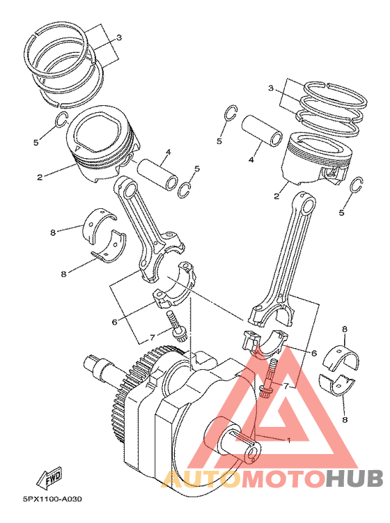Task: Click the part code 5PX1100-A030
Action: pos(52,499)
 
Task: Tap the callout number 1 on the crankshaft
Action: pos(289,441)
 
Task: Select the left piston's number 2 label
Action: pos(40,178)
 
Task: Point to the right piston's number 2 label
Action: pos(276,196)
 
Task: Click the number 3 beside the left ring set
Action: pos(119,38)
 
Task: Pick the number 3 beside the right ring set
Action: pos(271,88)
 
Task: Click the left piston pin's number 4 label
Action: pos(169,152)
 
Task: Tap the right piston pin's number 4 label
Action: pos(251,160)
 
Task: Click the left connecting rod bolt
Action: pos(175,326)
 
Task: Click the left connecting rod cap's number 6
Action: pos(115,322)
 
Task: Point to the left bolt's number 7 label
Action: pos(152,338)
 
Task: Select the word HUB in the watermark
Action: pos(354,478)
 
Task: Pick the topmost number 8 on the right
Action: pos(345,329)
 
